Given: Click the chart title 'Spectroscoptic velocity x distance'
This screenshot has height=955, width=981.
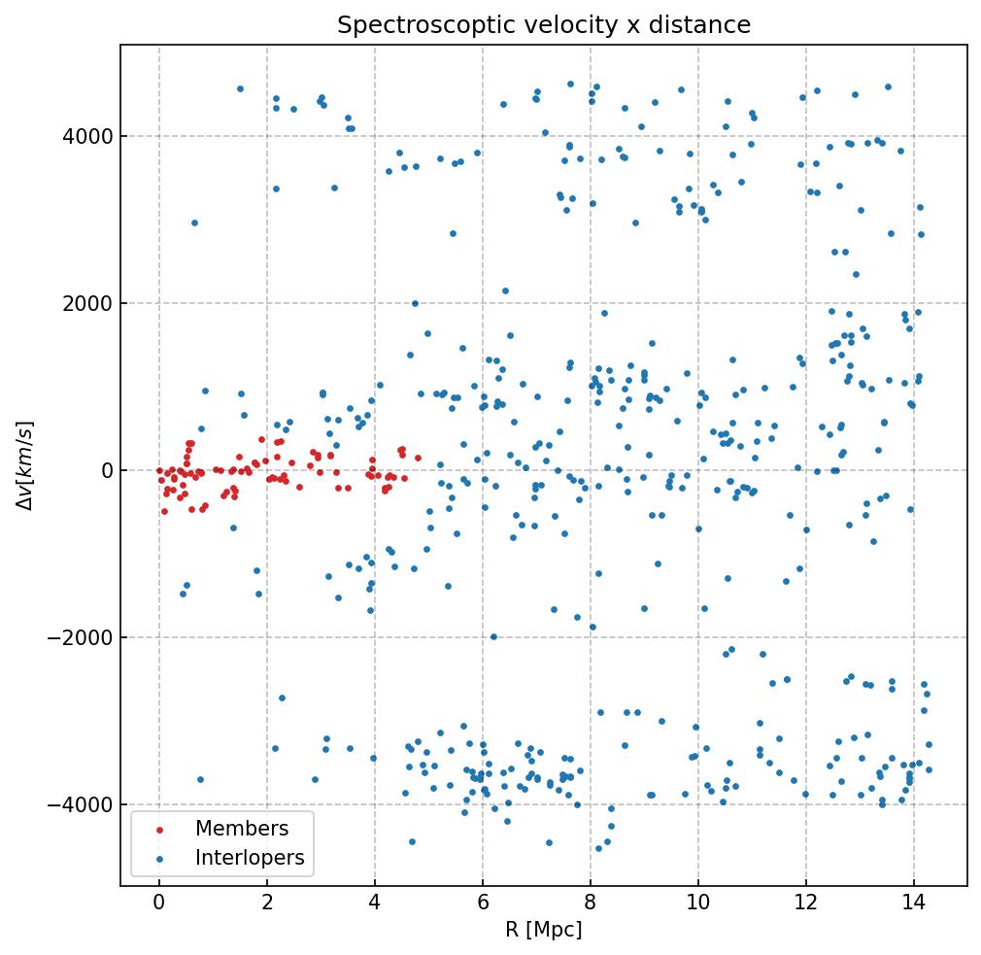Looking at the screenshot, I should (x=544, y=25).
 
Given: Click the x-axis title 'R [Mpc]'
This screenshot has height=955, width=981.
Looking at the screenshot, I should (x=544, y=930).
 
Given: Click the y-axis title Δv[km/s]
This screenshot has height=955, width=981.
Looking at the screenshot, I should (x=28, y=465).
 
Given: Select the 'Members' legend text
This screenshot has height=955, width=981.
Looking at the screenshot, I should (x=242, y=829).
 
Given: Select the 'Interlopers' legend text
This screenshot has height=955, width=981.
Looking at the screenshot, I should (x=250, y=858).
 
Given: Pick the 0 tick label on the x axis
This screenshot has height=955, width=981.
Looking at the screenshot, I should (x=159, y=904).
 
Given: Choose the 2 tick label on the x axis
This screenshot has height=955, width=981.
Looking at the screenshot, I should (x=267, y=904).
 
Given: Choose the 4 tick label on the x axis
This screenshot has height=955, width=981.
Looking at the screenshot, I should (x=375, y=904).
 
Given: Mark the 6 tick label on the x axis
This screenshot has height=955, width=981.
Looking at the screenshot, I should (x=483, y=904).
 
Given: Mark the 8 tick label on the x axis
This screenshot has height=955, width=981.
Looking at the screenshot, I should (x=591, y=904).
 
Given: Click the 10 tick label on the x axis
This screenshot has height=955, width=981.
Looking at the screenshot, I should (x=698, y=904).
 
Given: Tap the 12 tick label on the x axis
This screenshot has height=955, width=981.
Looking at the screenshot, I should (x=806, y=904).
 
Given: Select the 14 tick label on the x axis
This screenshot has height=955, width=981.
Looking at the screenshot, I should (x=914, y=904).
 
